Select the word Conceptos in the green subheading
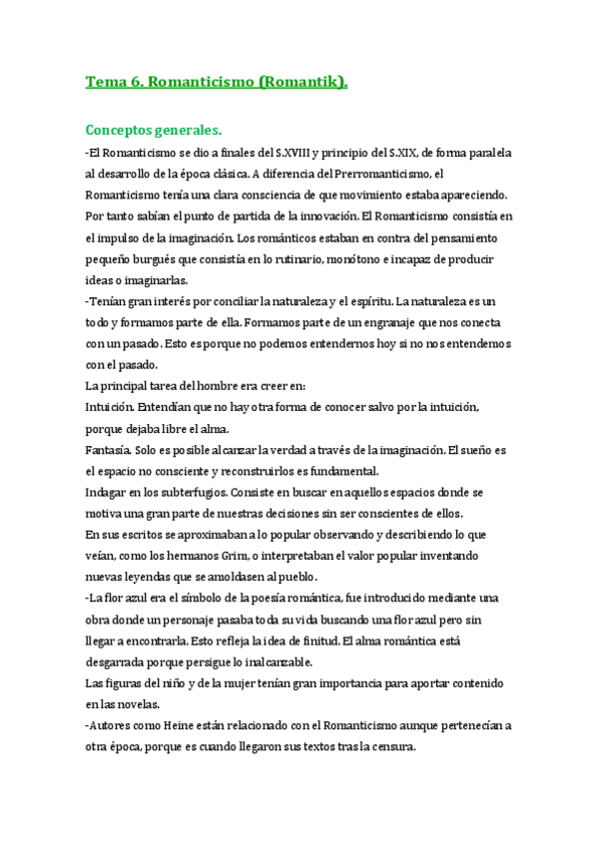click(126, 131)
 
